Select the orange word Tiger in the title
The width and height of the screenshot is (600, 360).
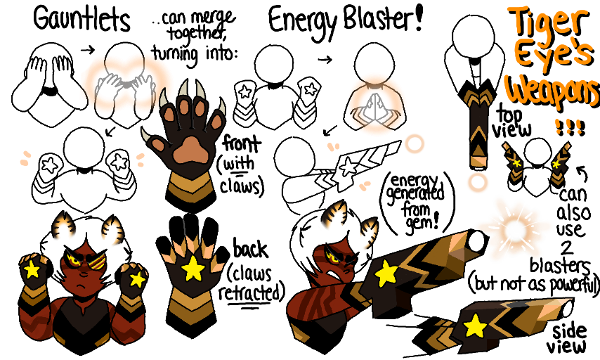click(x=550, y=25)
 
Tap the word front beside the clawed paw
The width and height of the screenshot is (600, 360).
click(x=242, y=144)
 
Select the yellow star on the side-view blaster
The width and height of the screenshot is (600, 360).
click(x=475, y=326)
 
